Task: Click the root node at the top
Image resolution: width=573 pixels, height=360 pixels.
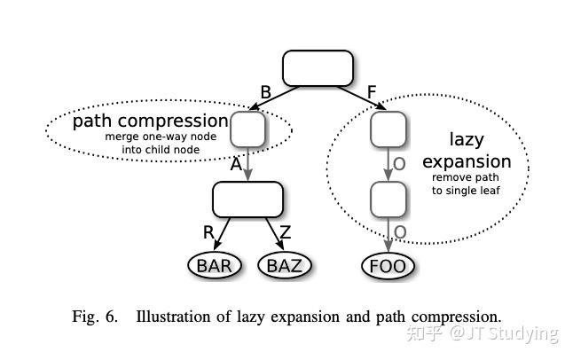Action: point(318,68)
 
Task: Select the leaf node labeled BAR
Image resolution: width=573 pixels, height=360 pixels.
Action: point(215,266)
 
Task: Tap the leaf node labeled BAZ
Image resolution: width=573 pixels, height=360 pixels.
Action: point(285,266)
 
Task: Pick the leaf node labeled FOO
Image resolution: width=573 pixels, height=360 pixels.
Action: point(389,266)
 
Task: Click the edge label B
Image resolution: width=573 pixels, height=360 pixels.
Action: point(266,92)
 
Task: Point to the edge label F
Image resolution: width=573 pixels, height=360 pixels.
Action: point(372,92)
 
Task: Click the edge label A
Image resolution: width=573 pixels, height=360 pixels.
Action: point(236,164)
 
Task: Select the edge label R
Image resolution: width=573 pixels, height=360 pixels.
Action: point(208,232)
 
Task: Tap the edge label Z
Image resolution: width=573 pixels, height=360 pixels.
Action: point(286,232)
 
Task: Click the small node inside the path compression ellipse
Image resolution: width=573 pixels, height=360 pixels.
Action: point(247,129)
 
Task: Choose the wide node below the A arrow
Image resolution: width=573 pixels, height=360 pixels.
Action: point(247,200)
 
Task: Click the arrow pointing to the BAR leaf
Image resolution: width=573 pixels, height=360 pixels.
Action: point(222,233)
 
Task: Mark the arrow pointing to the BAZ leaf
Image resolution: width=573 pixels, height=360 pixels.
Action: point(274,233)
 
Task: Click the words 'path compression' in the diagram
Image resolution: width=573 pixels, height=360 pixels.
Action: point(151,121)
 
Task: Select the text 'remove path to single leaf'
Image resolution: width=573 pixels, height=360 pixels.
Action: point(466,184)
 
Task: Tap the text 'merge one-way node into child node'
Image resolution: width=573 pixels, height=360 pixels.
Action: point(161,143)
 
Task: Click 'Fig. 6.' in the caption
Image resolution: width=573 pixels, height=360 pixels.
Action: point(95,317)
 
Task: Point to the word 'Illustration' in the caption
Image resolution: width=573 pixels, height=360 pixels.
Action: point(174,317)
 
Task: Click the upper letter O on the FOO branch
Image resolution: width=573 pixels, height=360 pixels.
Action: point(399,164)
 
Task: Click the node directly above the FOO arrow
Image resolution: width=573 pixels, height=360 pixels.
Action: point(389,200)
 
